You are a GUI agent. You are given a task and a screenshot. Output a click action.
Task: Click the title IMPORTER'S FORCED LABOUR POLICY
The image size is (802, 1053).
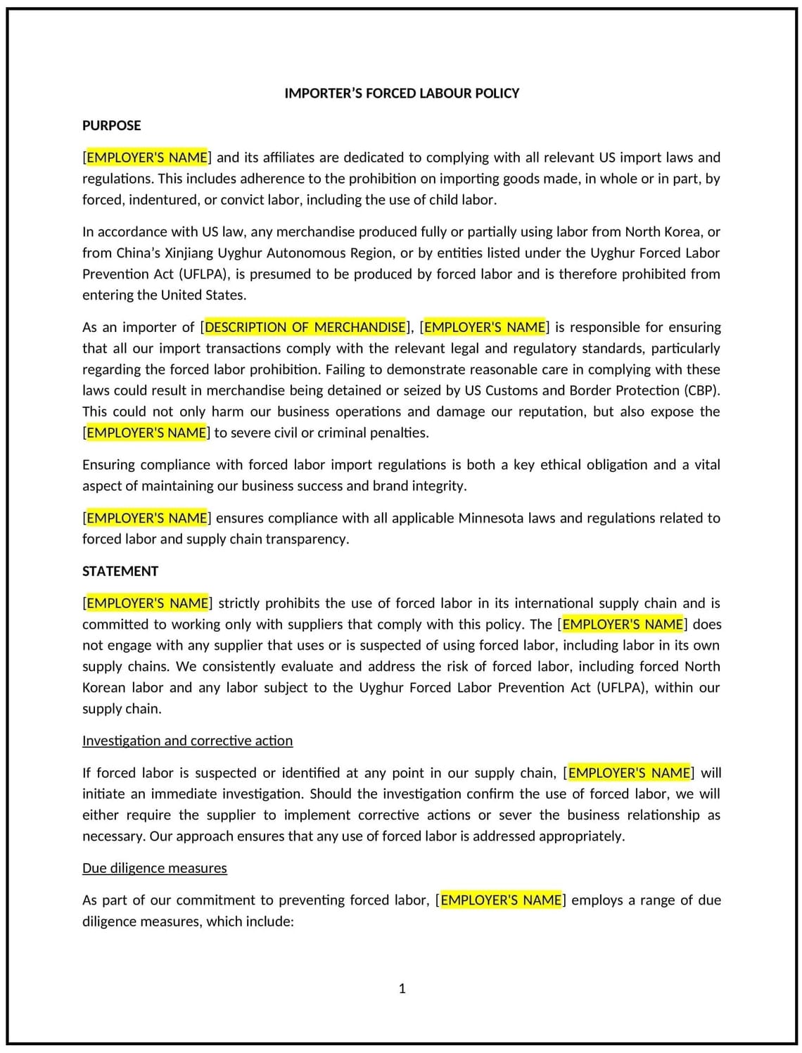(x=402, y=94)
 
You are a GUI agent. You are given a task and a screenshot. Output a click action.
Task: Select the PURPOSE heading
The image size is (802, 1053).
(x=111, y=126)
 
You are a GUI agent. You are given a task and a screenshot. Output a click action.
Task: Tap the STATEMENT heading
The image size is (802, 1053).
(x=120, y=571)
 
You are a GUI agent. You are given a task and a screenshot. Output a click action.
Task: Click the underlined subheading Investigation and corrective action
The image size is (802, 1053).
(x=187, y=741)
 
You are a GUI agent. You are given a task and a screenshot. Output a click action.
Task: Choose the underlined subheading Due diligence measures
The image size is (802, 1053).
(x=154, y=868)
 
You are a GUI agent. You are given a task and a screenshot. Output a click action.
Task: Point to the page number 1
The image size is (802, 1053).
(x=402, y=988)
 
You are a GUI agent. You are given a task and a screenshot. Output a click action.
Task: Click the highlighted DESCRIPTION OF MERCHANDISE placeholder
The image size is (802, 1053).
(x=305, y=327)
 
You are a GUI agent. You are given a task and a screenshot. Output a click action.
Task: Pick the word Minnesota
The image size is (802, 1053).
(x=491, y=518)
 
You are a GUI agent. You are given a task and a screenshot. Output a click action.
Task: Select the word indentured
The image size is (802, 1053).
(x=163, y=200)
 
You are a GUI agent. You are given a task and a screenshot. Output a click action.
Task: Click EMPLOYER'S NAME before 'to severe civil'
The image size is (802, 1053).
(x=147, y=433)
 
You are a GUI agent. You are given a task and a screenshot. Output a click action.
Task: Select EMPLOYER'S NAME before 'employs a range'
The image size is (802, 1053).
(x=501, y=900)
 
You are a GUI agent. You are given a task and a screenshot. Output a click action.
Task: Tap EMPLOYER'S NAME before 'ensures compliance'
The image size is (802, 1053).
(x=147, y=518)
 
